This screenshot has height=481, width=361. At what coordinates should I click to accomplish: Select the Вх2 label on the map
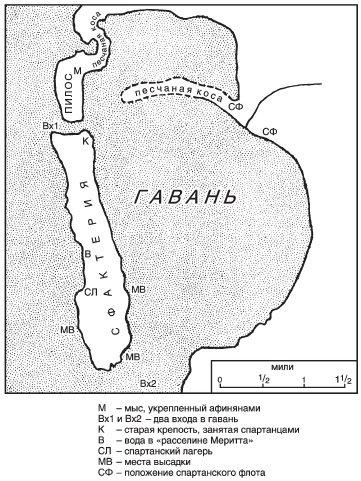pyautogui.click(x=148, y=384)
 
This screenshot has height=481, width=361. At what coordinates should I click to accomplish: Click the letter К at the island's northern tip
pyautogui.click(x=86, y=143)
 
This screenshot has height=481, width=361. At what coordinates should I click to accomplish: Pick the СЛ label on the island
pyautogui.click(x=90, y=291)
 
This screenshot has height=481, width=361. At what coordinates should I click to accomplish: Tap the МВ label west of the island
pyautogui.click(x=67, y=328)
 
